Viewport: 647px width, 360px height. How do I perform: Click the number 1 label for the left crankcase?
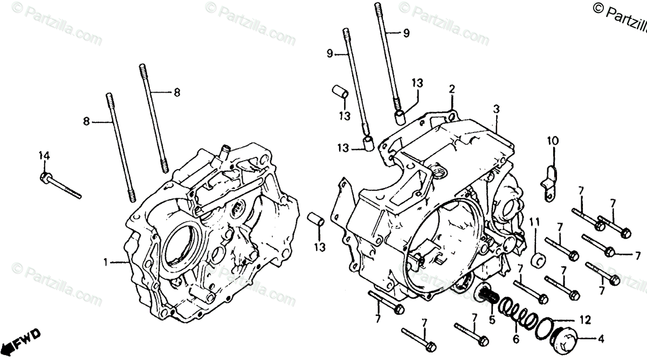coord(106,262)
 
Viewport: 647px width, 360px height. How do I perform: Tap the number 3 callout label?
coord(495,109)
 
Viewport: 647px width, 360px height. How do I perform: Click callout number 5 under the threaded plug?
coord(492,320)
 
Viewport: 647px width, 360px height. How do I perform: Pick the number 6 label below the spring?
coord(515,340)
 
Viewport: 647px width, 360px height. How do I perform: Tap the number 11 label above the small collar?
coord(534,223)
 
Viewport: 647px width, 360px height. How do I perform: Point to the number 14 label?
coord(44,156)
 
